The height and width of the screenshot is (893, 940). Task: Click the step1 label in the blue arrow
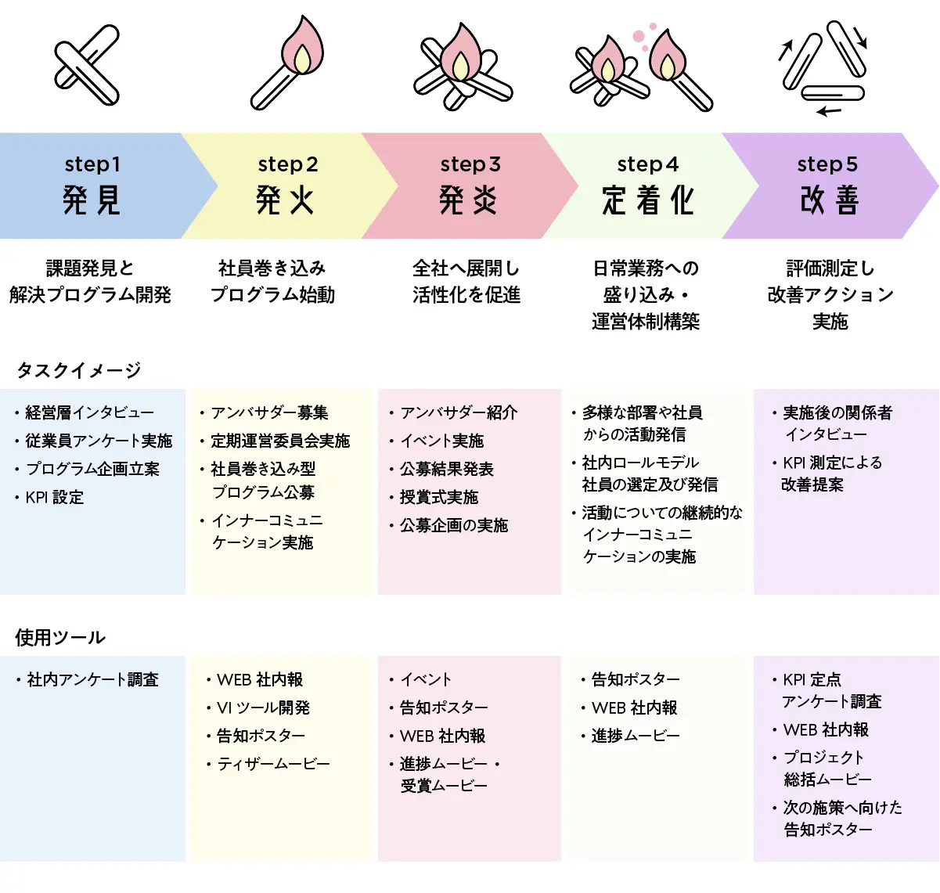(92, 164)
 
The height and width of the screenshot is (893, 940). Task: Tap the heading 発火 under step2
(285, 200)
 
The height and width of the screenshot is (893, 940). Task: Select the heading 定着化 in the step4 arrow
(648, 200)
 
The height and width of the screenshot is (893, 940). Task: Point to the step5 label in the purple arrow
(827, 164)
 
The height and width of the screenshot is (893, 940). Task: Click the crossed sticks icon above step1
(87, 65)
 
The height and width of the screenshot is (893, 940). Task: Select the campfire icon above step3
(463, 67)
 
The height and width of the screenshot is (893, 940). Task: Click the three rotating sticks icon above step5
(824, 68)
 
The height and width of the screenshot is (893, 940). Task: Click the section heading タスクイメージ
(79, 370)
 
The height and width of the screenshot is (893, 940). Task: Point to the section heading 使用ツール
(60, 637)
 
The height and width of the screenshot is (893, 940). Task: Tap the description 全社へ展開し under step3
(466, 268)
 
